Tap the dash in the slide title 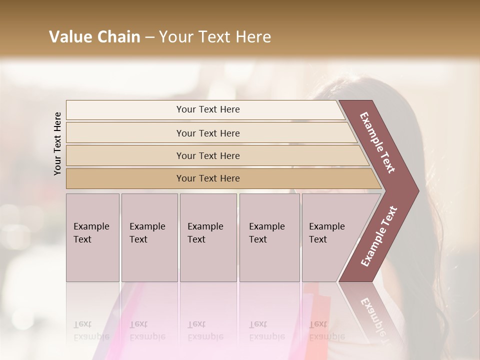tap(149, 37)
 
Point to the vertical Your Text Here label tap(57, 143)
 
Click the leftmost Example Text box tap(92, 237)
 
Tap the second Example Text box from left tap(149, 237)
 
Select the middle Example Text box tap(208, 237)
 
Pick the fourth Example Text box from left tap(269, 237)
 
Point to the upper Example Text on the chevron tap(377, 142)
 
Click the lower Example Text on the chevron tap(379, 236)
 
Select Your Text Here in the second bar tap(208, 133)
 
